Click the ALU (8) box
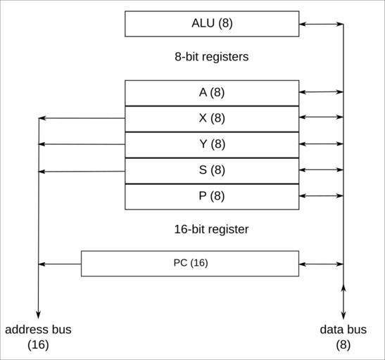pos(212,24)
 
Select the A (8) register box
pos(212,93)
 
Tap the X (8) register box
pos(212,119)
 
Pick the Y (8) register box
pos(212,145)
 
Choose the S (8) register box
pos(212,171)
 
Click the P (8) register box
pos(212,197)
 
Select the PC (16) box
pos(190,264)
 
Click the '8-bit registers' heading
pos(212,57)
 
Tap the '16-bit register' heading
pos(211,229)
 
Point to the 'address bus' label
pos(38,329)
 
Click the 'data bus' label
pos(343,329)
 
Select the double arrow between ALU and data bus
pos(321,24)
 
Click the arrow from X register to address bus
pos(82,118)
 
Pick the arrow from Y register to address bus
pos(82,144)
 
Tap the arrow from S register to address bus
pos(82,172)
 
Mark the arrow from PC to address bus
pos(60,264)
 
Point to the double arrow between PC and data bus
pos(321,264)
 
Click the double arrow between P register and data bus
pos(321,195)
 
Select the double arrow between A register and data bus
pos(321,92)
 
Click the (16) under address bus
pos(38,345)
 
